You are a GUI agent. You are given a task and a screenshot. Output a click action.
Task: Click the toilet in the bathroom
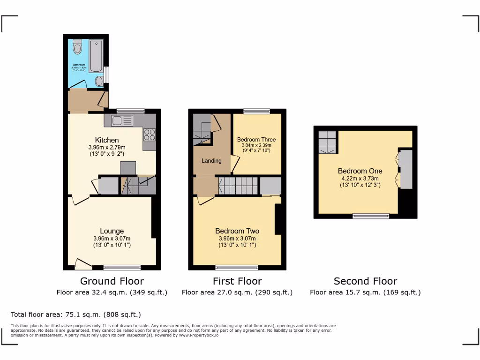(77, 47)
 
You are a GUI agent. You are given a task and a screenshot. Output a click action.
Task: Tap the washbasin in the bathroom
(99, 82)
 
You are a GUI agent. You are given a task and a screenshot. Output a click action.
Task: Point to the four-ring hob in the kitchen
(149, 135)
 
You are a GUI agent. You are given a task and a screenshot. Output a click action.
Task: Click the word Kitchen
(107, 140)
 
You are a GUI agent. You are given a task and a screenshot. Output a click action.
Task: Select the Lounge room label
(112, 231)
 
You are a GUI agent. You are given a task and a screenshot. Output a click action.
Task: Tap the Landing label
(211, 161)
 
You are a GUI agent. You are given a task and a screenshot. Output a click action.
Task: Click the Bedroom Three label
(256, 140)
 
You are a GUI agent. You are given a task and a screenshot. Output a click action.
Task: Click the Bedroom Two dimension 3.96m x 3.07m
(237, 238)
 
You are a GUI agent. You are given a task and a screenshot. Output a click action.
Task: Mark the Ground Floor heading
(112, 281)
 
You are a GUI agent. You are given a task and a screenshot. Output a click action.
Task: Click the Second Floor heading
(365, 281)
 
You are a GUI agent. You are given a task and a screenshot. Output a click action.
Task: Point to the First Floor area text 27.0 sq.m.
(237, 292)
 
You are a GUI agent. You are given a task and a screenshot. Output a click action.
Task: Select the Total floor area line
(75, 315)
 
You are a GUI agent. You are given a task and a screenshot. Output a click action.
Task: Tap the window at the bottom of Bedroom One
(371, 216)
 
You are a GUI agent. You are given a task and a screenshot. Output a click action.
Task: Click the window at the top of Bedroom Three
(256, 112)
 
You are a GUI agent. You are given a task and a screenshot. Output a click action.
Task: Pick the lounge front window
(122, 268)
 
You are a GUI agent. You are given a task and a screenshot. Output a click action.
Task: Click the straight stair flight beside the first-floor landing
(238, 186)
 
